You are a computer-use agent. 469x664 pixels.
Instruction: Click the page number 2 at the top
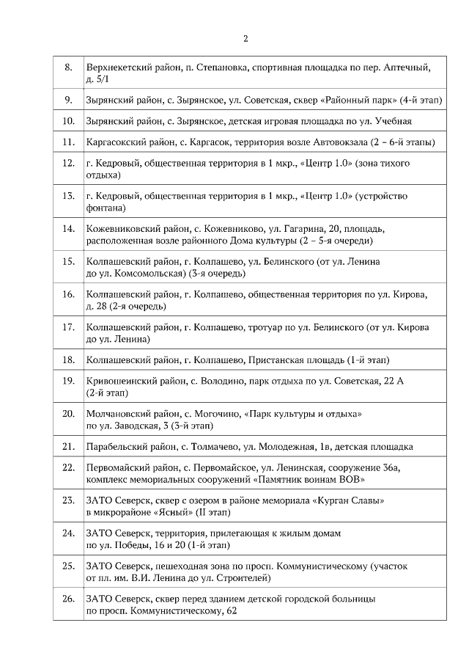[x=245, y=39]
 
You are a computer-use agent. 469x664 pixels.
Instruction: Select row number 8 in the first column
[x=68, y=68]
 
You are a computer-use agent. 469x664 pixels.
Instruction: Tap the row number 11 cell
[x=68, y=142]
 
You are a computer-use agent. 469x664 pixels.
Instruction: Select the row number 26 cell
[x=68, y=599]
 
